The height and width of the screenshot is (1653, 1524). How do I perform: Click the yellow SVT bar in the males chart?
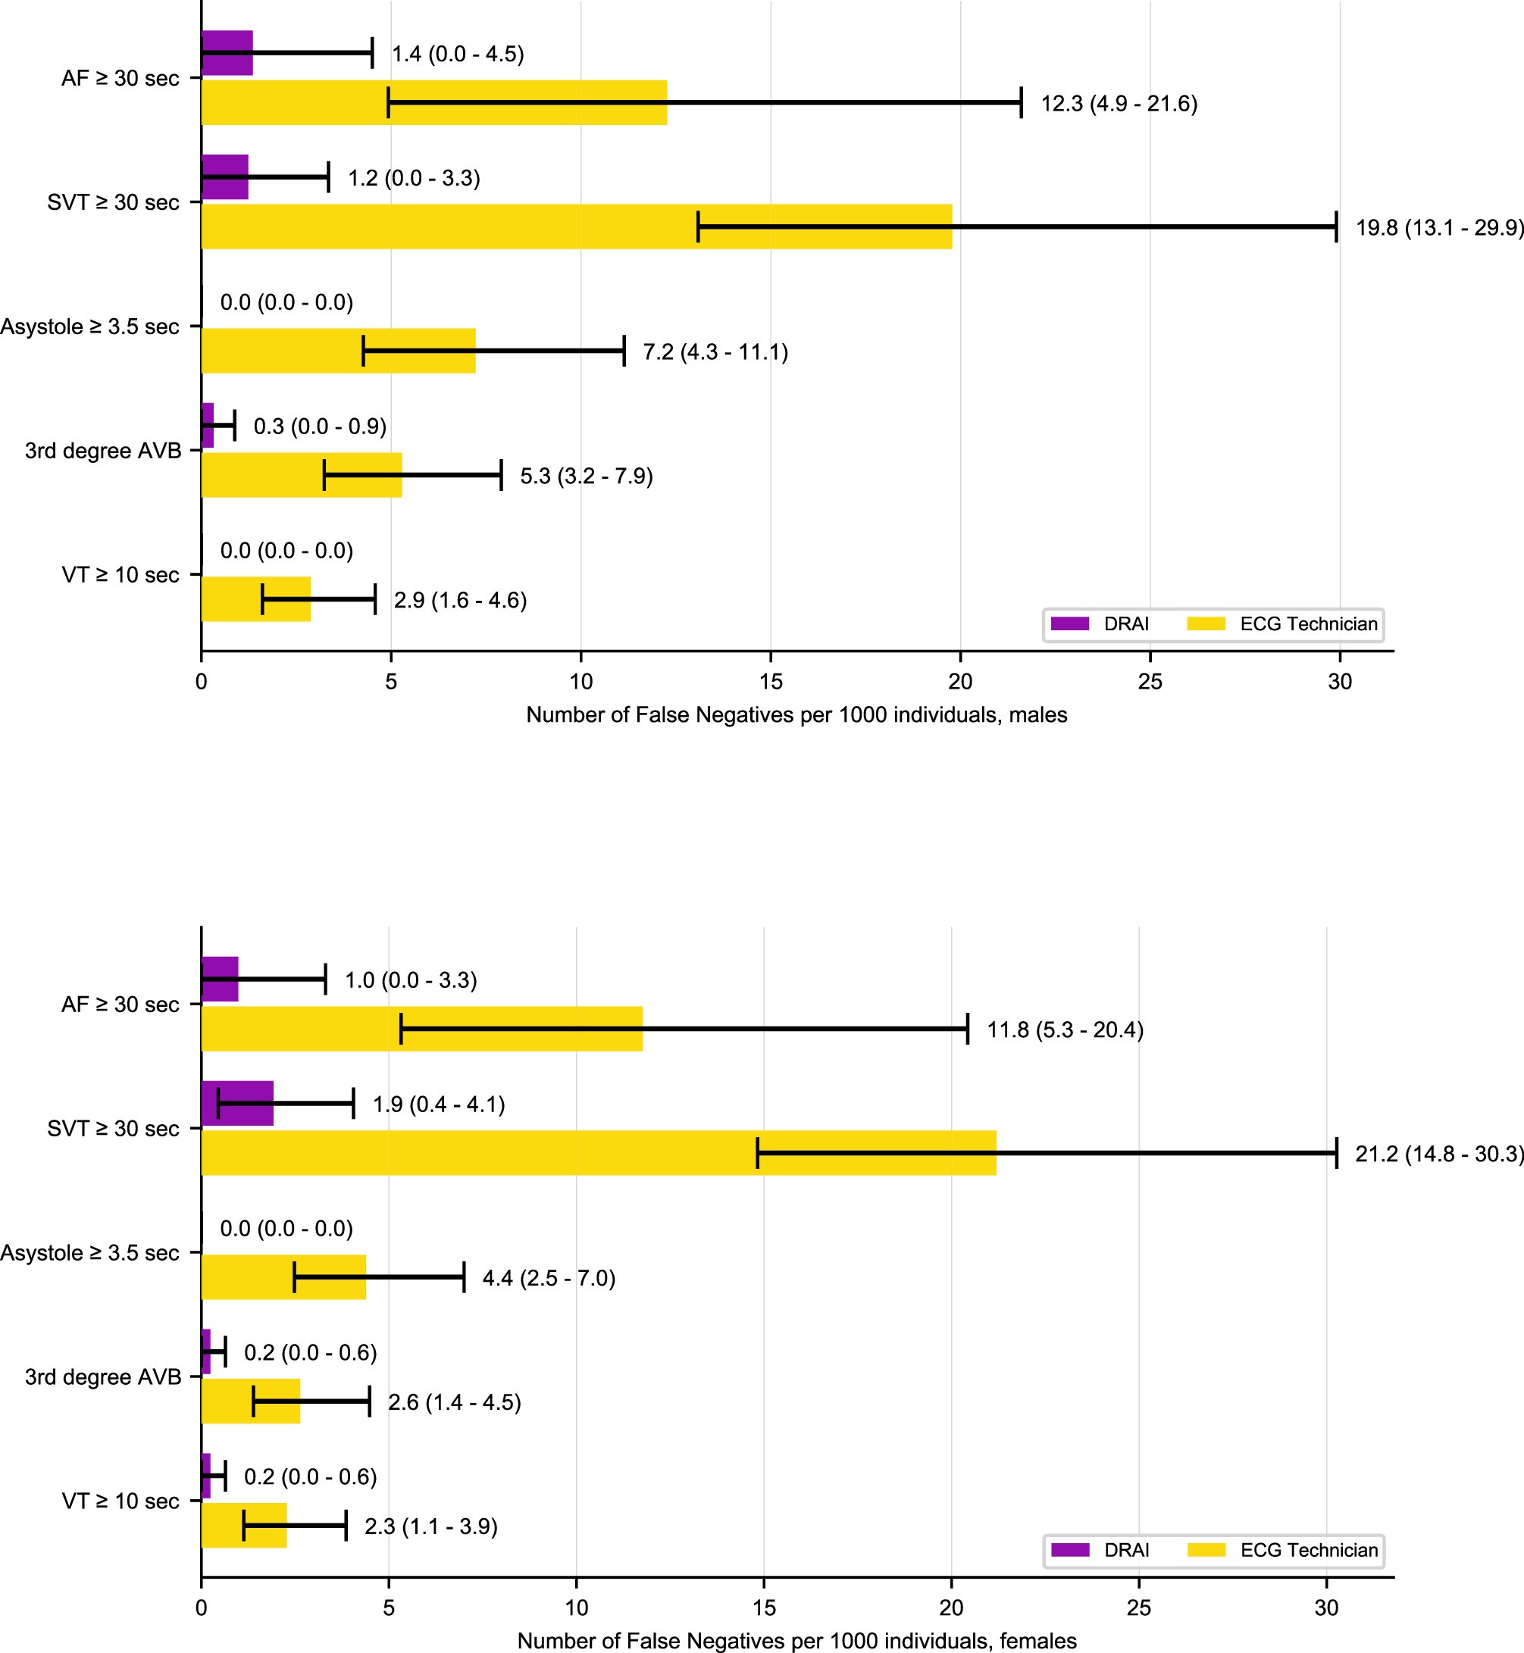[446, 227]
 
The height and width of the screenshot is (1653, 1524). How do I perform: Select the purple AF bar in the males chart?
[227, 53]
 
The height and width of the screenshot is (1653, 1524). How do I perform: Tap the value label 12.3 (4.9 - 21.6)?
[1119, 104]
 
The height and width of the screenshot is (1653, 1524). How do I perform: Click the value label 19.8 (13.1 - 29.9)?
[1439, 227]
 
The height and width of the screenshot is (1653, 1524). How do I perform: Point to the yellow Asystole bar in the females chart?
[247, 1277]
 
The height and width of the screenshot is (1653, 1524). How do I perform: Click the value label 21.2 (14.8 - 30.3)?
[1439, 1155]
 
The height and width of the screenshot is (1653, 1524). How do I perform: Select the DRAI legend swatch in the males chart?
[1069, 624]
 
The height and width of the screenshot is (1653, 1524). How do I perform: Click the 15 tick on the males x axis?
[770, 682]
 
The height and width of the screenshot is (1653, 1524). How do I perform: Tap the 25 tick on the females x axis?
[1139, 1608]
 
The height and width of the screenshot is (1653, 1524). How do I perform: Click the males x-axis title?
[796, 715]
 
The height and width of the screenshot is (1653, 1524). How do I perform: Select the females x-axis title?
[796, 1641]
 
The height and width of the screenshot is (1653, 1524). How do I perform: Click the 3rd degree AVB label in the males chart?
[103, 451]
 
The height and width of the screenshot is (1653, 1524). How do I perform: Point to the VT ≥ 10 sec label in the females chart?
[120, 1501]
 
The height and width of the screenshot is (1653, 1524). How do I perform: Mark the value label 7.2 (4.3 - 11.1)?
[715, 352]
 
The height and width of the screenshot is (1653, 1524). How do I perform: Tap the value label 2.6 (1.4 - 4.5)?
[455, 1402]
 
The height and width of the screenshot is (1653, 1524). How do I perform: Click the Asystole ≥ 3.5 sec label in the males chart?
[90, 327]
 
